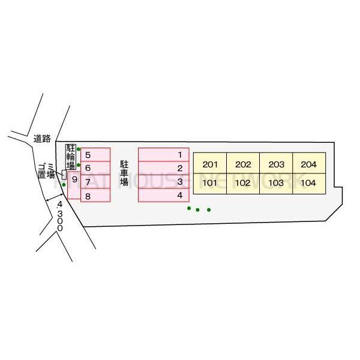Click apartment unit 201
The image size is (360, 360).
tap(210, 164)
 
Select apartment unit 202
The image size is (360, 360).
tap(243, 164)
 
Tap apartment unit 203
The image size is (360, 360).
tap(276, 164)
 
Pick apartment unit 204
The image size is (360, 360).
tap(308, 164)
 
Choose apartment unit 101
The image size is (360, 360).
tap(210, 183)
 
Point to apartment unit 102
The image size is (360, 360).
tap(243, 183)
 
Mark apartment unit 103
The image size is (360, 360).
tap(276, 183)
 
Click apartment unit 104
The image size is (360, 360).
tap(308, 183)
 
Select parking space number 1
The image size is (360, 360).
tap(164, 155)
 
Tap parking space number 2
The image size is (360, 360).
tap(164, 168)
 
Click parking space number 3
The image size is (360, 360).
tap(164, 181)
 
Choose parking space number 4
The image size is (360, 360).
tap(164, 195)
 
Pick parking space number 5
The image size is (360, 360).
tap(95, 155)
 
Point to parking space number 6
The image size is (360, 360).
tap(95, 168)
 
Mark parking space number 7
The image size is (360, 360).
tap(95, 182)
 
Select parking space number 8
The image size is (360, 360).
tap(95, 196)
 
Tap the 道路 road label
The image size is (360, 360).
tap(42, 139)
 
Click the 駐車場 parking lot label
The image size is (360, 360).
tap(124, 173)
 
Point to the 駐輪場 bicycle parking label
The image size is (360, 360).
tap(71, 157)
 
